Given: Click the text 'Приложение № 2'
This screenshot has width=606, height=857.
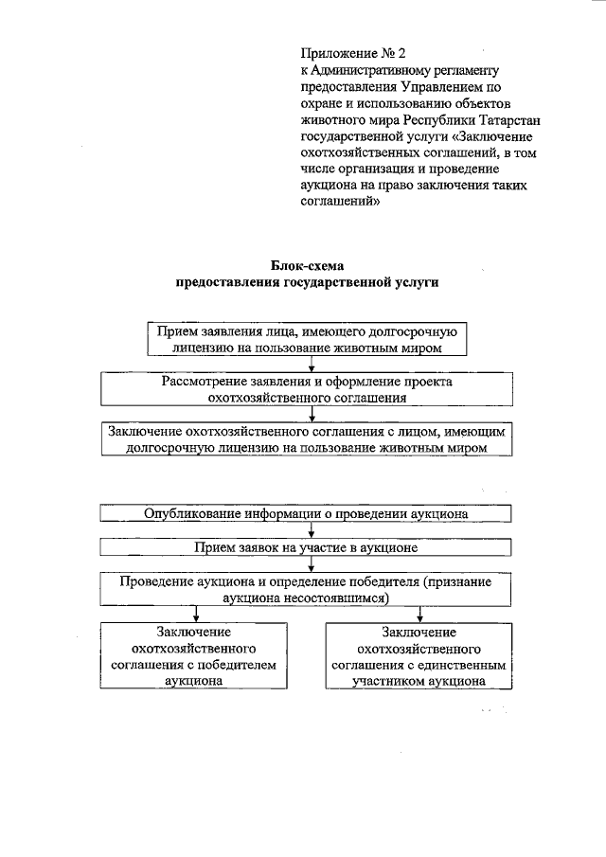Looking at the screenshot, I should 348,54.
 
